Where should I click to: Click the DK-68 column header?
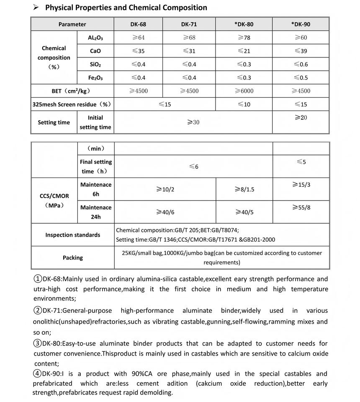(138, 24)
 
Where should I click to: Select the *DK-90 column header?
(301, 24)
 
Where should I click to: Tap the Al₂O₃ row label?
(95, 38)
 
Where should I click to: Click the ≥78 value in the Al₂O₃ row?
(244, 38)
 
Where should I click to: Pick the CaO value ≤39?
(301, 51)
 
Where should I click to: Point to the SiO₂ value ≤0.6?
(301, 64)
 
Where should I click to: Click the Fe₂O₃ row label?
(95, 78)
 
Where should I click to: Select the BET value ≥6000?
(244, 91)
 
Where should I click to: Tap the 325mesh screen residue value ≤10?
(244, 104)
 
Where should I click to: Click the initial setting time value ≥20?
(301, 118)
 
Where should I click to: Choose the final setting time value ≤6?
(193, 167)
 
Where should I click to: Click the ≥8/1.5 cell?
(244, 189)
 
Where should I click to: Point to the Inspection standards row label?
(73, 235)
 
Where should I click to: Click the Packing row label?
(73, 258)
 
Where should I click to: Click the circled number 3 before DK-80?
(37, 344)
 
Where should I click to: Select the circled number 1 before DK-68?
(37, 279)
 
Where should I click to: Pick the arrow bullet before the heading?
(36, 8)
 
